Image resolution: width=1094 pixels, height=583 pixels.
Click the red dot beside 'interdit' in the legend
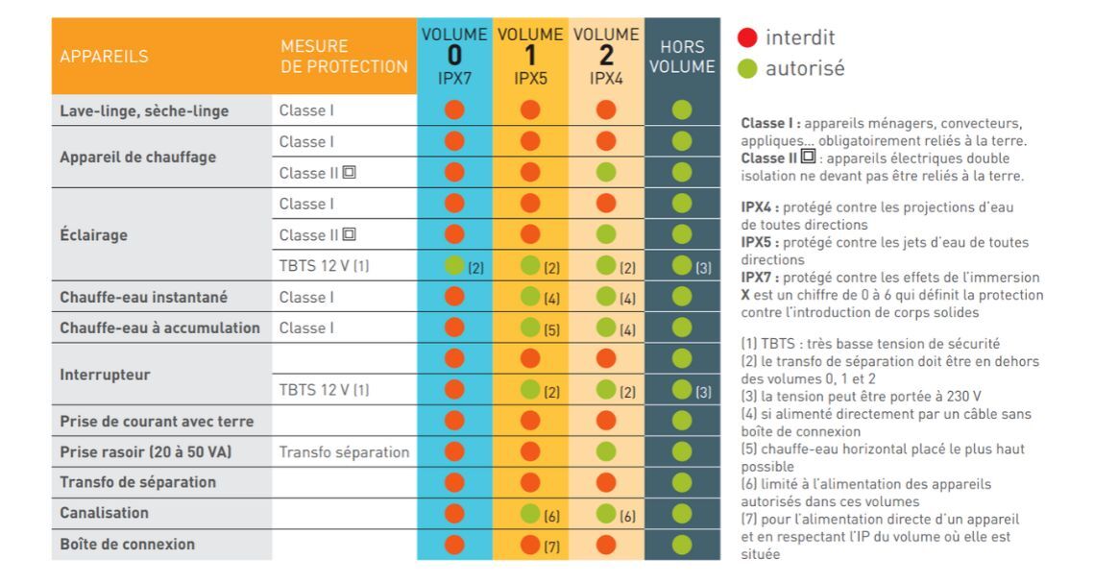[747, 38]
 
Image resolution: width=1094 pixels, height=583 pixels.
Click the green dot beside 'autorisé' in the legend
[747, 69]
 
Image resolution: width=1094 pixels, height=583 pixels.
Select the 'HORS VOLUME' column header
[682, 57]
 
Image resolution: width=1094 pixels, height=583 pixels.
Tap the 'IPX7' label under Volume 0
[454, 79]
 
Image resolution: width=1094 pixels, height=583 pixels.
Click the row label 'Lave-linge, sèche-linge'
[144, 110]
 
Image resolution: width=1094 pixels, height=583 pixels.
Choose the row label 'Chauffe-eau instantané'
[148, 297]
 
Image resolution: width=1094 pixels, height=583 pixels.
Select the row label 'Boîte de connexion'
[128, 544]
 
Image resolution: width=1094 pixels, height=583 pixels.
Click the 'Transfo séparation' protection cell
[344, 451]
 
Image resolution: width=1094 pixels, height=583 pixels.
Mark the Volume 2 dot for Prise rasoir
[605, 451]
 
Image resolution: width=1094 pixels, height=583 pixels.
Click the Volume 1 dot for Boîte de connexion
[529, 545]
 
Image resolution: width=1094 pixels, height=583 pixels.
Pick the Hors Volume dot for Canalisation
[682, 514]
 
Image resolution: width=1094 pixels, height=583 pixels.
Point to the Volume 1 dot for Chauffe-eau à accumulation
[529, 328]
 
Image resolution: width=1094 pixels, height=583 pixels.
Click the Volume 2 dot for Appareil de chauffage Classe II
[605, 173]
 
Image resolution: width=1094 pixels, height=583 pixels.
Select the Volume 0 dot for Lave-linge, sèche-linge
[454, 110]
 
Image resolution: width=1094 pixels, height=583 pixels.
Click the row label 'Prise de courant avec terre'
[157, 421]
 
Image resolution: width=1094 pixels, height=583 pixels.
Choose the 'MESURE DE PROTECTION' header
[344, 57]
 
